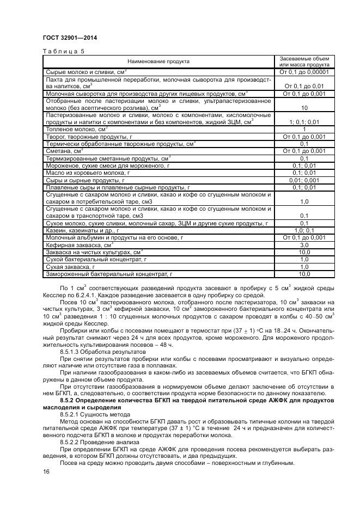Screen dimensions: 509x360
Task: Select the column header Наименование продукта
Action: tap(158, 62)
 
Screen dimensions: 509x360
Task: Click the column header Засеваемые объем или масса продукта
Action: tap(304, 61)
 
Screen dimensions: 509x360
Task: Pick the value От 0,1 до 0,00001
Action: tap(304, 72)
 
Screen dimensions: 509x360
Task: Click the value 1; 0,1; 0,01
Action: tap(304, 122)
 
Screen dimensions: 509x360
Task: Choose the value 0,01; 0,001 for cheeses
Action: tap(304, 180)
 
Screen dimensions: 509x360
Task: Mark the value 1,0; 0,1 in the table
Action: tap(304, 230)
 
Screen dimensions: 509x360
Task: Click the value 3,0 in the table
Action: tap(304, 245)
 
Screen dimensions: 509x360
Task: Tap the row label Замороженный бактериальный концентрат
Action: tap(109, 274)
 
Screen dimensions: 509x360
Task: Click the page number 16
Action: tap(46, 471)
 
